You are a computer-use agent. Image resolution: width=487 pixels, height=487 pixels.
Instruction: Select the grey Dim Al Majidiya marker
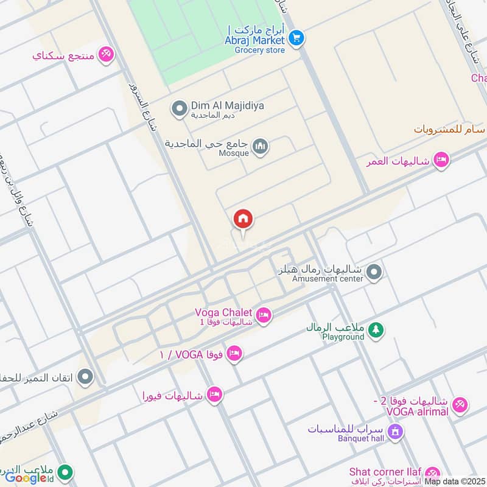point(179,109)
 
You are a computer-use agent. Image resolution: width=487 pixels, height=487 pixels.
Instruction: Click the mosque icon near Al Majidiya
point(261,147)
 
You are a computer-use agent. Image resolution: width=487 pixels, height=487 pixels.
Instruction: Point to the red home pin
point(243,220)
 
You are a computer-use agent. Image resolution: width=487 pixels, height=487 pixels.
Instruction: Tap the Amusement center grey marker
point(374,272)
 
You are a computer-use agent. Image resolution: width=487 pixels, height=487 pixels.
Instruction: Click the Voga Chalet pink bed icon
point(264,315)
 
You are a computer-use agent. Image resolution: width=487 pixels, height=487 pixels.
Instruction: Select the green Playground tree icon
point(376,329)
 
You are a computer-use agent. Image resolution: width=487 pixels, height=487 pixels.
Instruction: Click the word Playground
point(343,336)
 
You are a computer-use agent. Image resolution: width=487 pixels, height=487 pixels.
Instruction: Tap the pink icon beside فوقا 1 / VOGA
point(234,353)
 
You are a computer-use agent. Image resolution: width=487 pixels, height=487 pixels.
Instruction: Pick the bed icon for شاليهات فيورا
point(214,394)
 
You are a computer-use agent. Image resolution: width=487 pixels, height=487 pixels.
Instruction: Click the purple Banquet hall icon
point(396,432)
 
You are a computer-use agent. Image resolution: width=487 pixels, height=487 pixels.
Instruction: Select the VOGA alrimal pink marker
point(460,404)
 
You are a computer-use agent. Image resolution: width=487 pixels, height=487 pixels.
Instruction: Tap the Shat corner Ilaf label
point(386,472)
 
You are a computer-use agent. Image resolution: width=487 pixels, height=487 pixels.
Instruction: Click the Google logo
point(26,478)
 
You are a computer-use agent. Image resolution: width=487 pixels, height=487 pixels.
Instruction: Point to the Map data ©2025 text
point(455,482)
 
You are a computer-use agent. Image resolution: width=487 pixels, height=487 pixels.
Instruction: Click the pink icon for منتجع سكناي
point(106,55)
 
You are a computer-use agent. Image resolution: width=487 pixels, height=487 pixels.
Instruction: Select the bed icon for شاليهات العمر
point(441,161)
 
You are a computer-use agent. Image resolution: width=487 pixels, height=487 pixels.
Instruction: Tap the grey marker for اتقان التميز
point(86,377)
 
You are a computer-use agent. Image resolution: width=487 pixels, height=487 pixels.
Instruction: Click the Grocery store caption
point(259,50)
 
